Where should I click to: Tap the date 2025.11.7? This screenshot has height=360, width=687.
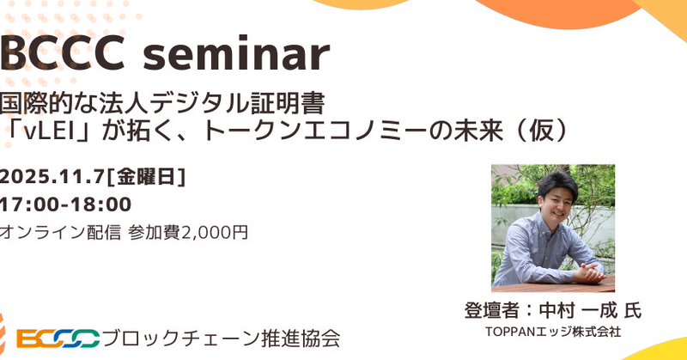point(52,178)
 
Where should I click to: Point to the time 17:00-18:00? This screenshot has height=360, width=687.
point(66,204)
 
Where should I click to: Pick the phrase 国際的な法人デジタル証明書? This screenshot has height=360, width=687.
point(162,103)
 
